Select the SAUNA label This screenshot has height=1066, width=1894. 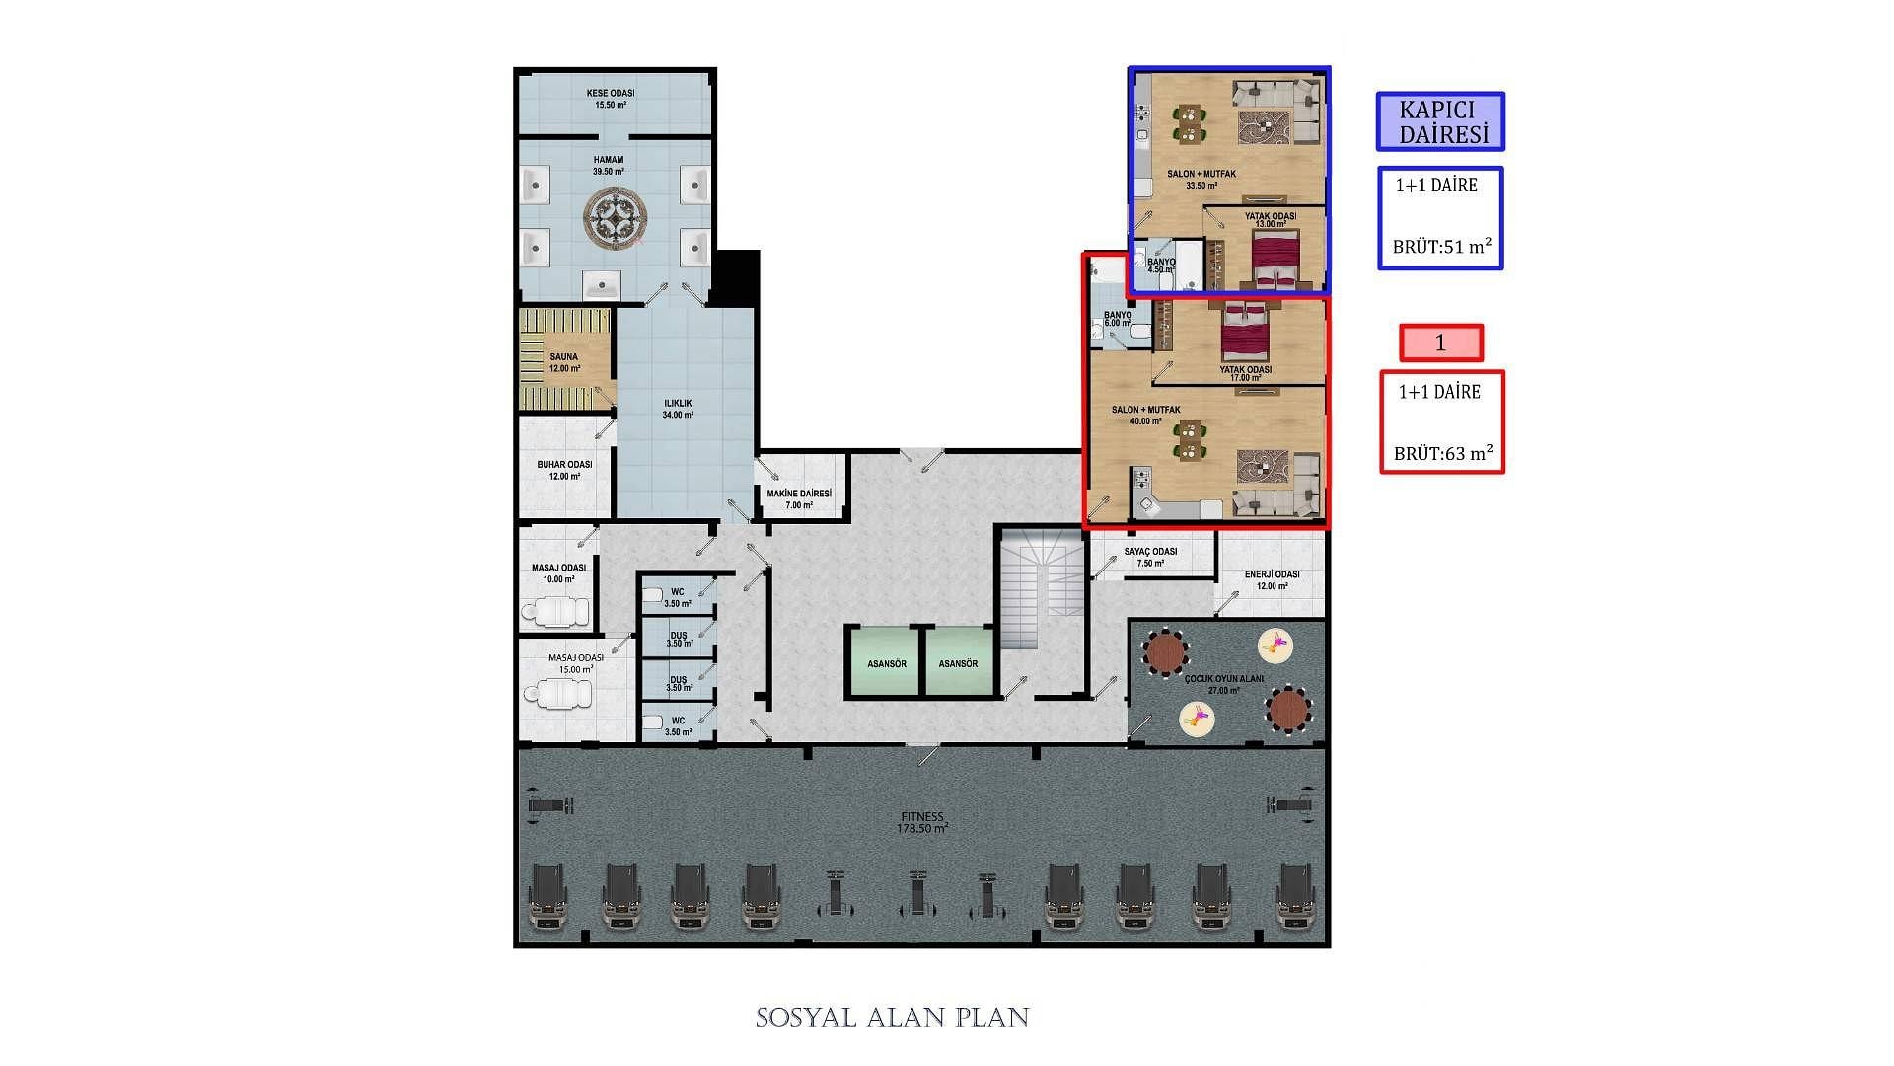[x=564, y=362]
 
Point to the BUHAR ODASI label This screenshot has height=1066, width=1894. [x=564, y=470]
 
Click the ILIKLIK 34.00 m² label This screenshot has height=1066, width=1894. [x=678, y=409]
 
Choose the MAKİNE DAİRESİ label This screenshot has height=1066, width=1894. [x=799, y=499]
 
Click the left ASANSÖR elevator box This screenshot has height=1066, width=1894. [x=885, y=662]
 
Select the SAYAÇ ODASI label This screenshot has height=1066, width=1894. [x=1150, y=557]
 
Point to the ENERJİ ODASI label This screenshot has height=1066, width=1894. [x=1273, y=580]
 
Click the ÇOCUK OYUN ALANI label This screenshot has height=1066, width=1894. [x=1223, y=684]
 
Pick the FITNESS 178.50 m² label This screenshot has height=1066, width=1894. [x=922, y=823]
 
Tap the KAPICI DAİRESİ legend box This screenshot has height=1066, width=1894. [x=1440, y=121]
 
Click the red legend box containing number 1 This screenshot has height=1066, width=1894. [x=1441, y=343]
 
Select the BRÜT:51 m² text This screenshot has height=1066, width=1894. [x=1441, y=247]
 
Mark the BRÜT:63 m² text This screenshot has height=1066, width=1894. [x=1442, y=453]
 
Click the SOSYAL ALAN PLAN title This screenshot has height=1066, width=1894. [x=893, y=1018]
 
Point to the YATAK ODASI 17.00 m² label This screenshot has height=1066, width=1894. [x=1246, y=373]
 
